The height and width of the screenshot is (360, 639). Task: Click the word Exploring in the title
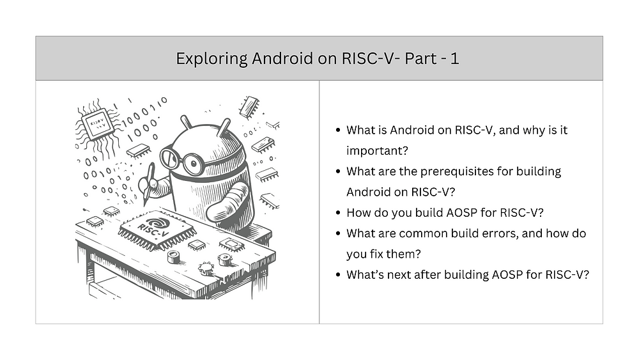click(212, 59)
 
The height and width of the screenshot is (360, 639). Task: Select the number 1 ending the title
click(454, 59)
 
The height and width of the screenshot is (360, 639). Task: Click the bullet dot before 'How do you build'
click(337, 213)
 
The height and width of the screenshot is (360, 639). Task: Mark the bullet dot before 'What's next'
click(337, 275)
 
